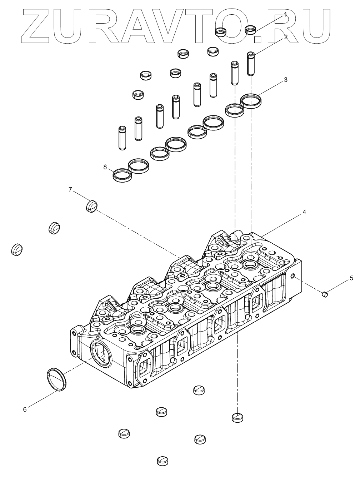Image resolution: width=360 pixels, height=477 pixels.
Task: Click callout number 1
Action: (x=285, y=14)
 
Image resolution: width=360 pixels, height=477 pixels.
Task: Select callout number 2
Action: (x=286, y=37)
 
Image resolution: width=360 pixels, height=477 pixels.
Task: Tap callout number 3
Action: (x=285, y=80)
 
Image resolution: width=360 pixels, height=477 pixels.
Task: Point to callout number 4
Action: (x=304, y=212)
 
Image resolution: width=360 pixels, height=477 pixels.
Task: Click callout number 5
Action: (x=351, y=277)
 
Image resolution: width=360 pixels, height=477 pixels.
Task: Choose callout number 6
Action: (x=25, y=409)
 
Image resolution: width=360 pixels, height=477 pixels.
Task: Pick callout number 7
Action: (x=70, y=189)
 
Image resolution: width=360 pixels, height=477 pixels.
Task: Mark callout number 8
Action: (x=105, y=167)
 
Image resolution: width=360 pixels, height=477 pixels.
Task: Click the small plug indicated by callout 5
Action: (x=325, y=294)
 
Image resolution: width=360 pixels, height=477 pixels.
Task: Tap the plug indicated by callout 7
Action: (x=92, y=206)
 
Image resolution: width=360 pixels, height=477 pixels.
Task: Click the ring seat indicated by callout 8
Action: (x=122, y=175)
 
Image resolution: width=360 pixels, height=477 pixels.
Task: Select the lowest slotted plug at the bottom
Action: (x=162, y=461)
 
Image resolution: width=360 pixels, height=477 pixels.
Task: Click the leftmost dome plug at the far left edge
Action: (x=16, y=249)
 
